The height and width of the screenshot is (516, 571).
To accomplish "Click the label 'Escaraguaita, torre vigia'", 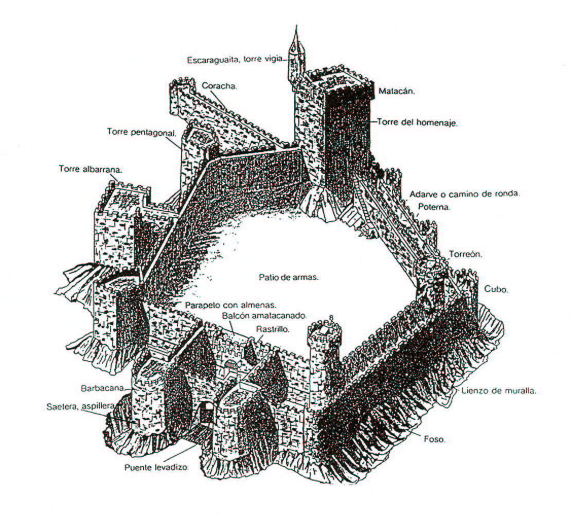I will coord(234,59).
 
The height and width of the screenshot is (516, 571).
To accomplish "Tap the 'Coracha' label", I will coord(219,86).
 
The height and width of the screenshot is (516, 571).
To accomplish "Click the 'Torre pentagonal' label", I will coord(141,132).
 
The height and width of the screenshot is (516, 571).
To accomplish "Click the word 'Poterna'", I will coord(434,208).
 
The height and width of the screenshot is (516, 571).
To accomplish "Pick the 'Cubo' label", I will coord(496,289).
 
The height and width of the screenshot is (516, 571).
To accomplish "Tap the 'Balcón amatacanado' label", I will coord(264,315).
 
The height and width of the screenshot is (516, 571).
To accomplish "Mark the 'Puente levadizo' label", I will coord(156,468).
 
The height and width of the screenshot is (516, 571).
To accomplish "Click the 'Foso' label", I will coord(436,440).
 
